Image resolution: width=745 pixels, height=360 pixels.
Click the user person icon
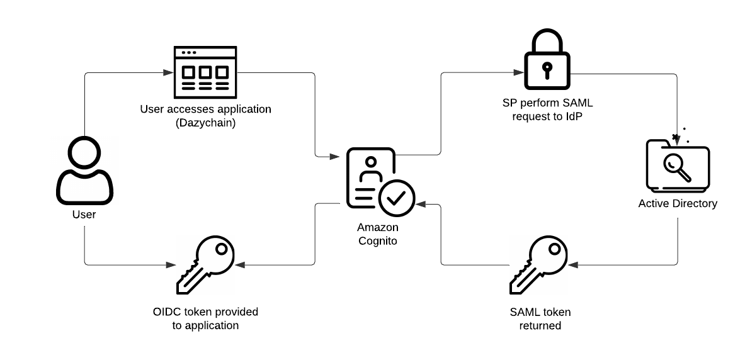coord(84,171)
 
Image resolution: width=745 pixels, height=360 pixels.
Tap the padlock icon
coord(547,59)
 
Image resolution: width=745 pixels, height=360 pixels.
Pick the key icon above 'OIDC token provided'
coord(205,264)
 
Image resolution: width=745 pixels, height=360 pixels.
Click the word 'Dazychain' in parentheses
coord(206,123)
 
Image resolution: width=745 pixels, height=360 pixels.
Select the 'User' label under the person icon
coord(84,215)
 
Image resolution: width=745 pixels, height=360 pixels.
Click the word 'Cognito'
coord(378,241)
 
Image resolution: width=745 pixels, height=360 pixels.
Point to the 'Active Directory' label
coord(678,204)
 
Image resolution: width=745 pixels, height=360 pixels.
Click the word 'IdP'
coord(574,116)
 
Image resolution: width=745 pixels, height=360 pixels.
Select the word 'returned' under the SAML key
coord(540,326)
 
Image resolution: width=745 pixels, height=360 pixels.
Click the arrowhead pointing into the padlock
coord(519,72)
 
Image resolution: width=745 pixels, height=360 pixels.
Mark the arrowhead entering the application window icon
coord(168,72)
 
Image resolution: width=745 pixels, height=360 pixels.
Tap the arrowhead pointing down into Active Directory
coord(677,140)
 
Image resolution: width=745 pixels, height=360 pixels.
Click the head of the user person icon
coord(84,152)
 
